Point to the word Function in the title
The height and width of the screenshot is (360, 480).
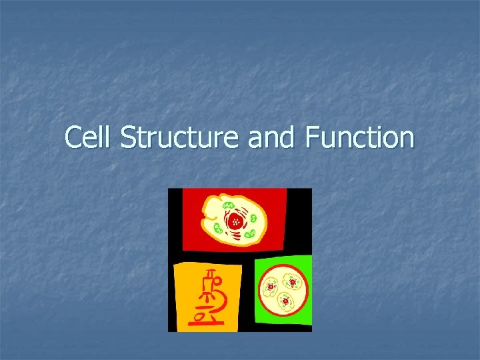coord(359,138)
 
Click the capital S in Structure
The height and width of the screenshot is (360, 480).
coord(128,138)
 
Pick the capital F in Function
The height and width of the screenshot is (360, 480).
coord(311,138)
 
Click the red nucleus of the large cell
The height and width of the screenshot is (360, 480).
coord(235,221)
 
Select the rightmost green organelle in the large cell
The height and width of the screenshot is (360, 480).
coord(254,217)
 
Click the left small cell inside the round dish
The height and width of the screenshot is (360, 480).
coord(271,288)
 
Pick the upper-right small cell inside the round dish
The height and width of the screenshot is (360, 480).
coord(291,283)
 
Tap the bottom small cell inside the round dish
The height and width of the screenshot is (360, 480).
coord(285,301)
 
